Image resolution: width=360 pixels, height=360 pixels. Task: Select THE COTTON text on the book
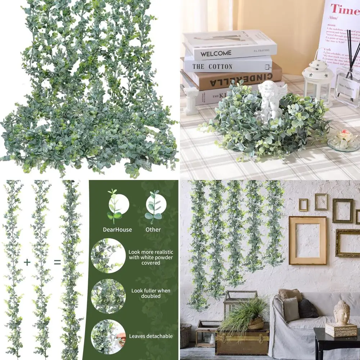point(212,66)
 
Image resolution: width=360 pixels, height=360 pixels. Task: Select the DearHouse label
point(117,230)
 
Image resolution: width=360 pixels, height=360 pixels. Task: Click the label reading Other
point(153,230)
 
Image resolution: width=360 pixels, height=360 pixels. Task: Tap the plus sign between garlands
point(27,262)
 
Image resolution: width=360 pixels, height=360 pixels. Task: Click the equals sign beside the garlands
point(57,262)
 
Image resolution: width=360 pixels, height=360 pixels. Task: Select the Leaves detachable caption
point(151,336)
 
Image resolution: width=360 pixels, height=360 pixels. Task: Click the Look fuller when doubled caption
point(151,293)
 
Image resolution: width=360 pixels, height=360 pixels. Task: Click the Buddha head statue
point(342,312)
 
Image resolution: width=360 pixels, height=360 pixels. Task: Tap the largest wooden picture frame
point(307,240)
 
